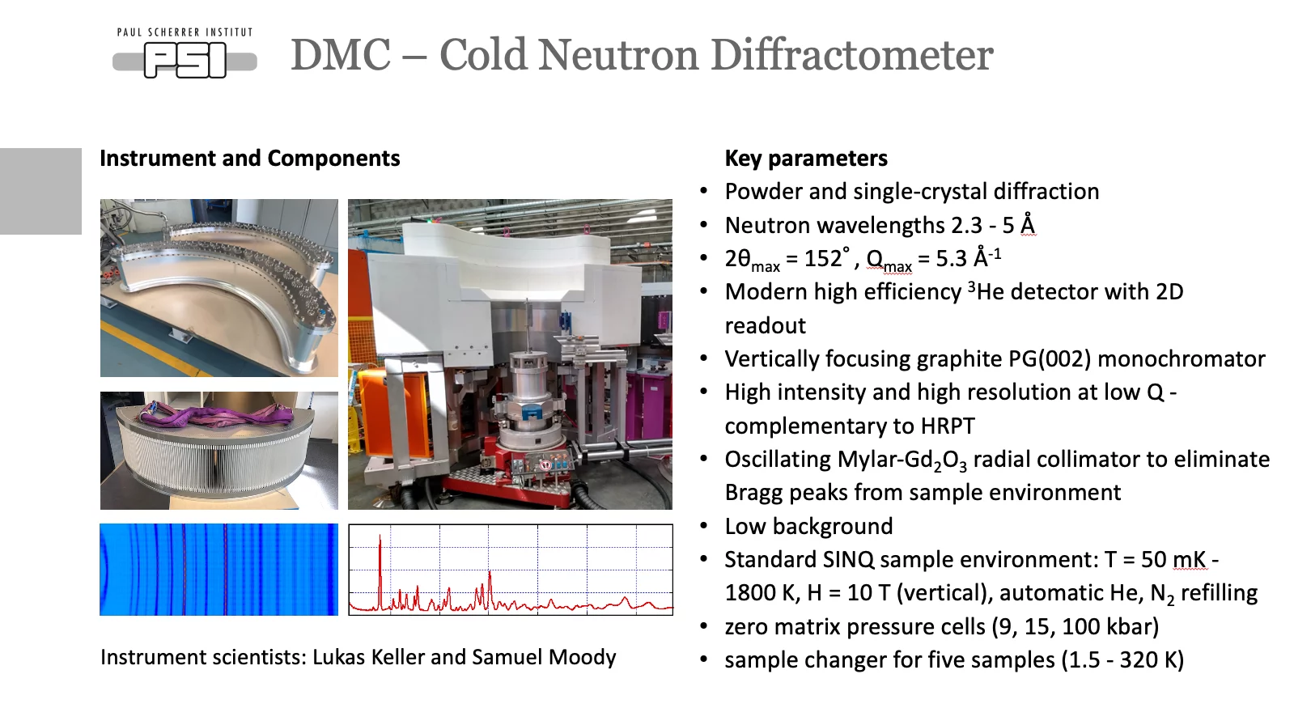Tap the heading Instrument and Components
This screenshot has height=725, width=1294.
(x=249, y=158)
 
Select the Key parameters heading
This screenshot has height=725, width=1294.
(x=806, y=158)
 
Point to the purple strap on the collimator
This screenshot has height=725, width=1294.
(x=218, y=416)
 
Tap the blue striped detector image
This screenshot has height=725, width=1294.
(x=218, y=570)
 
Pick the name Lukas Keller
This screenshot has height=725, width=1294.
(x=368, y=657)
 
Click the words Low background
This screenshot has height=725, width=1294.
(x=808, y=526)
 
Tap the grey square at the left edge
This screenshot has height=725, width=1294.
(x=40, y=191)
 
